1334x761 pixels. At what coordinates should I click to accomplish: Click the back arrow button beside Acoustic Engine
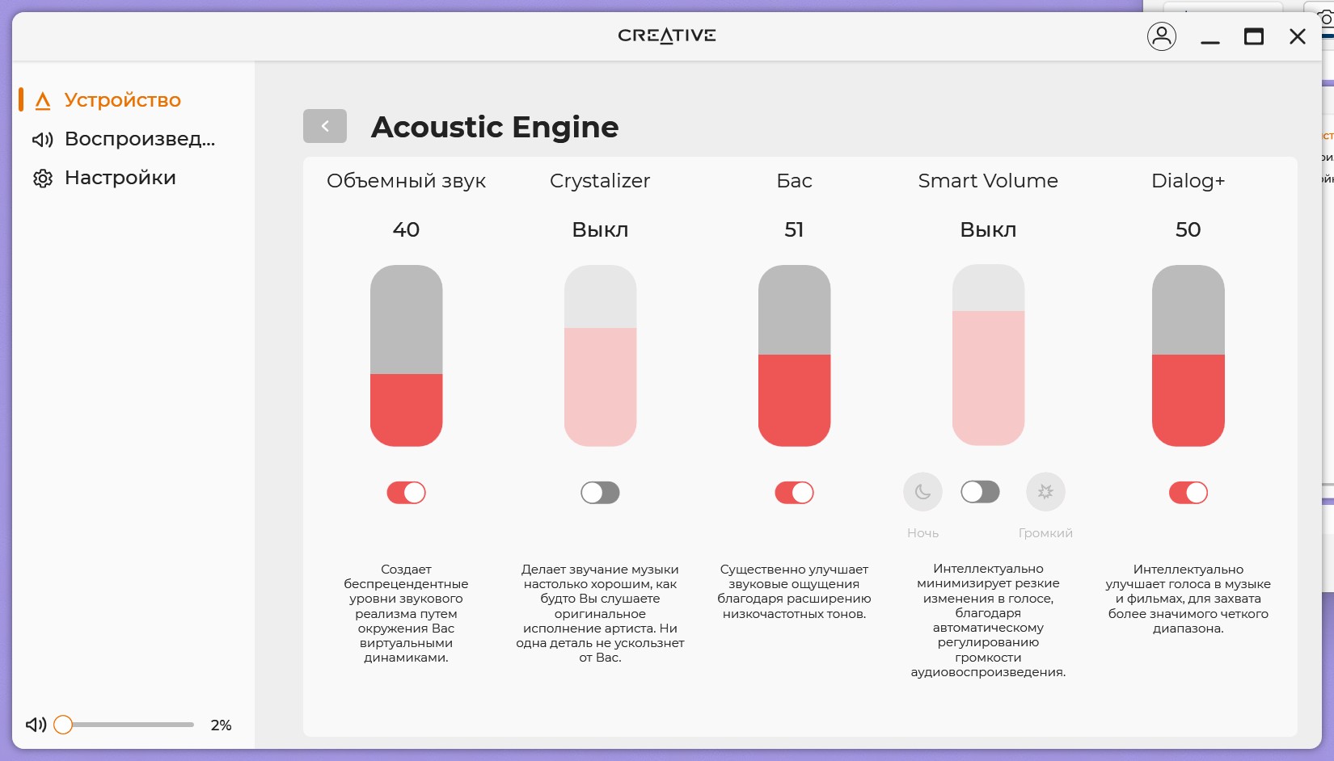(x=324, y=126)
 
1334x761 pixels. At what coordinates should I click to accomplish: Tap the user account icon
(x=1161, y=36)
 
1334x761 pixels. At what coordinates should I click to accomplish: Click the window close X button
(x=1297, y=36)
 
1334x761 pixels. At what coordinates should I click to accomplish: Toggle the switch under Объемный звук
(x=406, y=493)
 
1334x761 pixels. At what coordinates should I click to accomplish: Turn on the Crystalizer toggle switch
(x=600, y=493)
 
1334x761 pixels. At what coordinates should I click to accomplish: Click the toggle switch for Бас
(x=794, y=493)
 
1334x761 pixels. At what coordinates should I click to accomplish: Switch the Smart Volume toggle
(x=980, y=491)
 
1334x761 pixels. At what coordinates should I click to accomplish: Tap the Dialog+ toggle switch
(x=1188, y=493)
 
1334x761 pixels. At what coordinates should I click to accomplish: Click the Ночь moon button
(x=922, y=491)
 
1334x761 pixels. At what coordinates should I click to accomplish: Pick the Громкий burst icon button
(x=1045, y=491)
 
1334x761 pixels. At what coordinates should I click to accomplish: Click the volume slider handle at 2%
(x=63, y=725)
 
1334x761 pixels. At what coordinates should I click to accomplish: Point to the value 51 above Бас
(x=794, y=229)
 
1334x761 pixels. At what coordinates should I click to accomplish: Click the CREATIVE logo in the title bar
(x=667, y=36)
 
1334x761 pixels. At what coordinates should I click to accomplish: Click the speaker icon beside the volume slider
(x=36, y=725)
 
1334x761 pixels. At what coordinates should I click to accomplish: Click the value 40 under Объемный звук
(x=406, y=229)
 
